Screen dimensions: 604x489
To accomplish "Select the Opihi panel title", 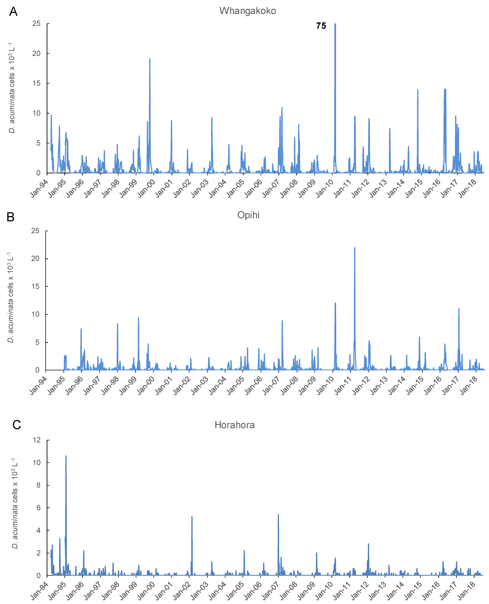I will [248, 215].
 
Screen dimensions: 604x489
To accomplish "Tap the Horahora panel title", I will [235, 425].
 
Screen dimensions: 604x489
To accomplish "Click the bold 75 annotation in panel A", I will [321, 26].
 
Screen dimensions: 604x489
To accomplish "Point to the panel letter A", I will [13, 12].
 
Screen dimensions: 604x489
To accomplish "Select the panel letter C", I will [17, 425].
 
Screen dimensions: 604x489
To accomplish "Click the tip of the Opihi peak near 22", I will [355, 248].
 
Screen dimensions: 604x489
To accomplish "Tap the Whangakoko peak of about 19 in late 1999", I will [150, 59].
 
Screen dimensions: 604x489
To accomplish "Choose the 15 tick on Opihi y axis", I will [36, 286].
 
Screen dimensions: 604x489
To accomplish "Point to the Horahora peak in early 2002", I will [192, 517].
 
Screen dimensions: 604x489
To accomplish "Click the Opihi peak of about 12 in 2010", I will [335, 303].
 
